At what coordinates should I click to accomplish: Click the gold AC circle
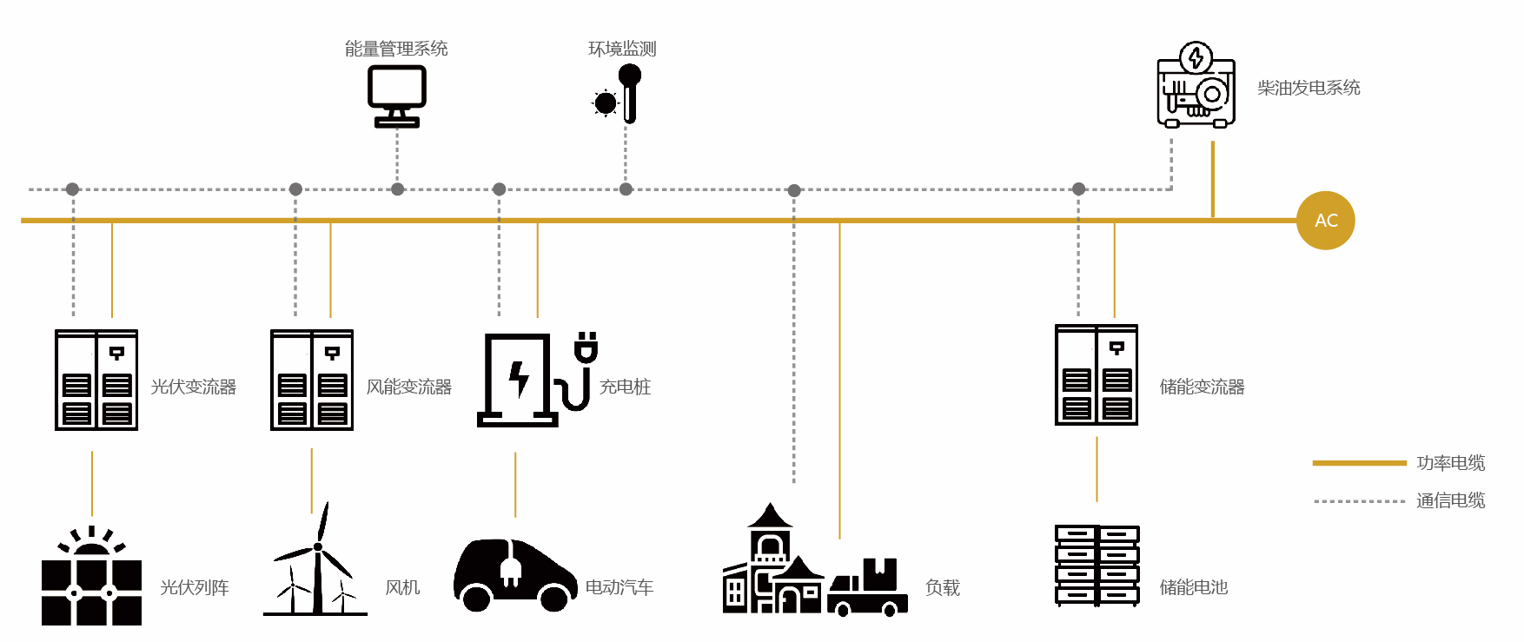click(1325, 221)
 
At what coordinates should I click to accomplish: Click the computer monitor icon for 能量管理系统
click(397, 96)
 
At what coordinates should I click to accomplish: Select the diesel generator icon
click(1196, 85)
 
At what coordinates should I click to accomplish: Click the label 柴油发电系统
click(1309, 88)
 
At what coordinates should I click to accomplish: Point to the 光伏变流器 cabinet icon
click(96, 380)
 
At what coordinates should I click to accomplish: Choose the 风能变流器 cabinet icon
click(312, 380)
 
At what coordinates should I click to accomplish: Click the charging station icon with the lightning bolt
click(518, 381)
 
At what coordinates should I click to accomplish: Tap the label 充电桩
click(625, 387)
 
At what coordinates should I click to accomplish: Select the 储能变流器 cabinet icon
click(1097, 375)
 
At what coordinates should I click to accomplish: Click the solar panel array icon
click(91, 576)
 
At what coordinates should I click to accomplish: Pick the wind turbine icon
click(315, 559)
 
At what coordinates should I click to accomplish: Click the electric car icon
click(515, 575)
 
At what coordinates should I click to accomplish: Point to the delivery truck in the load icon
click(867, 587)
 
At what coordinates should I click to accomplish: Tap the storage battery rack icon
click(1097, 565)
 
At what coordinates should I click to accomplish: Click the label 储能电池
click(1194, 587)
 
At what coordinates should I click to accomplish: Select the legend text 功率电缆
click(1450, 463)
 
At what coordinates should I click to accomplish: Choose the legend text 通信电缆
click(1450, 500)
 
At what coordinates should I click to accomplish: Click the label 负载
click(942, 588)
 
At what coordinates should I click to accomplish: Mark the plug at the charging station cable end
click(586, 347)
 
